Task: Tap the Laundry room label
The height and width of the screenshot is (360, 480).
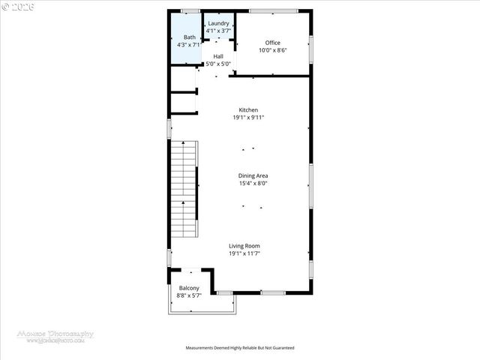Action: point(218,23)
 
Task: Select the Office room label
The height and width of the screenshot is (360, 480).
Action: point(272,43)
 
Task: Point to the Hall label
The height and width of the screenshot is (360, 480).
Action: point(218,56)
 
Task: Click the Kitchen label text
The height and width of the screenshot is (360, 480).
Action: point(248,110)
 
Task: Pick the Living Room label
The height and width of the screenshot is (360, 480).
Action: point(244,246)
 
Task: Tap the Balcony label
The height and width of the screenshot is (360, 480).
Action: point(189,288)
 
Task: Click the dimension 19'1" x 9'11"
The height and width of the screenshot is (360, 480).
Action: point(248,118)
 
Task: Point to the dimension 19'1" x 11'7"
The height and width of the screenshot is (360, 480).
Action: point(244,253)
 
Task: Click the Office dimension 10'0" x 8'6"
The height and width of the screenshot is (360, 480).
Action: point(272,50)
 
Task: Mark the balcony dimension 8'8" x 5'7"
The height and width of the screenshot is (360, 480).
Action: point(189,295)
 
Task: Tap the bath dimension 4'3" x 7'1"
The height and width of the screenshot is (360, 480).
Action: point(189,45)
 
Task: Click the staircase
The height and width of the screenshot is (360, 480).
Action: point(183,187)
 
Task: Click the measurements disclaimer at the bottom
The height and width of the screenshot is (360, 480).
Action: point(240,348)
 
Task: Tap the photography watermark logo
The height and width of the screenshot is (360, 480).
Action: point(56,337)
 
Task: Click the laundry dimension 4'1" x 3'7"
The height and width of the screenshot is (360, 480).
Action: point(218,31)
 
